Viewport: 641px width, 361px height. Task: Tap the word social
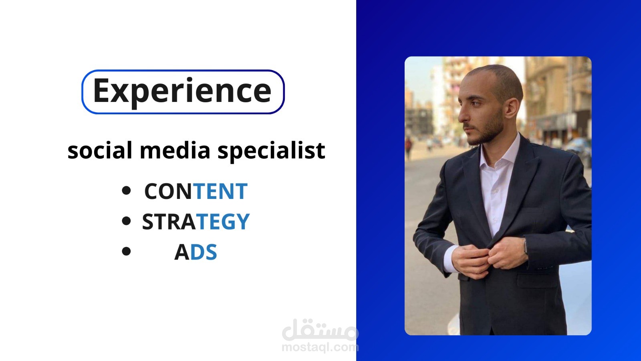pos(100,150)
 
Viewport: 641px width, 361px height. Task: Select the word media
pos(175,150)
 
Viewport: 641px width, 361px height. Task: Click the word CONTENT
pos(196,191)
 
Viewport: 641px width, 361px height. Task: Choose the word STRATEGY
pos(196,221)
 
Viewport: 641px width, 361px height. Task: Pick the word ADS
pos(196,252)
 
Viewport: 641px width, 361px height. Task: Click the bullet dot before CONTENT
pos(126,191)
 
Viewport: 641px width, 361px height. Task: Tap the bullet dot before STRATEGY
pos(126,221)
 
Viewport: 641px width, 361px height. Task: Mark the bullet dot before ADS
pos(126,251)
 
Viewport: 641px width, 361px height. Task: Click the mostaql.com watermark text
pos(320,347)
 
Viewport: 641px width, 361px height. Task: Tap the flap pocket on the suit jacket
pos(537,280)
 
